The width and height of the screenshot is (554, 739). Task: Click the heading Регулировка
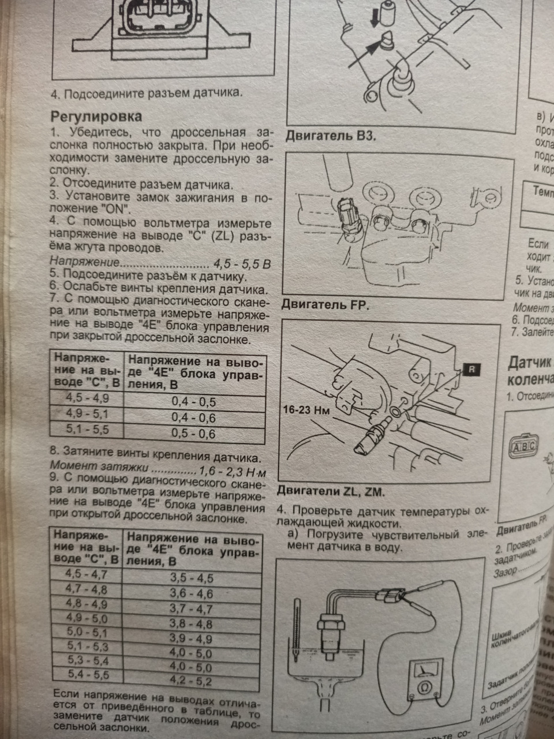(97, 116)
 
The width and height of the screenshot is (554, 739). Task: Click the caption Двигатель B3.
(328, 137)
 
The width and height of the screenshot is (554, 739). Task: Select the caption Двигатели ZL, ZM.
(330, 492)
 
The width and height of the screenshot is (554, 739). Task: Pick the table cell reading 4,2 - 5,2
(191, 681)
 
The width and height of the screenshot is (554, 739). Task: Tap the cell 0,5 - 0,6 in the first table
(193, 434)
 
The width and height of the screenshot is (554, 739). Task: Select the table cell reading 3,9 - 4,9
(191, 639)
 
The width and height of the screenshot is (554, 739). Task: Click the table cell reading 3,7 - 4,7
(191, 609)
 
